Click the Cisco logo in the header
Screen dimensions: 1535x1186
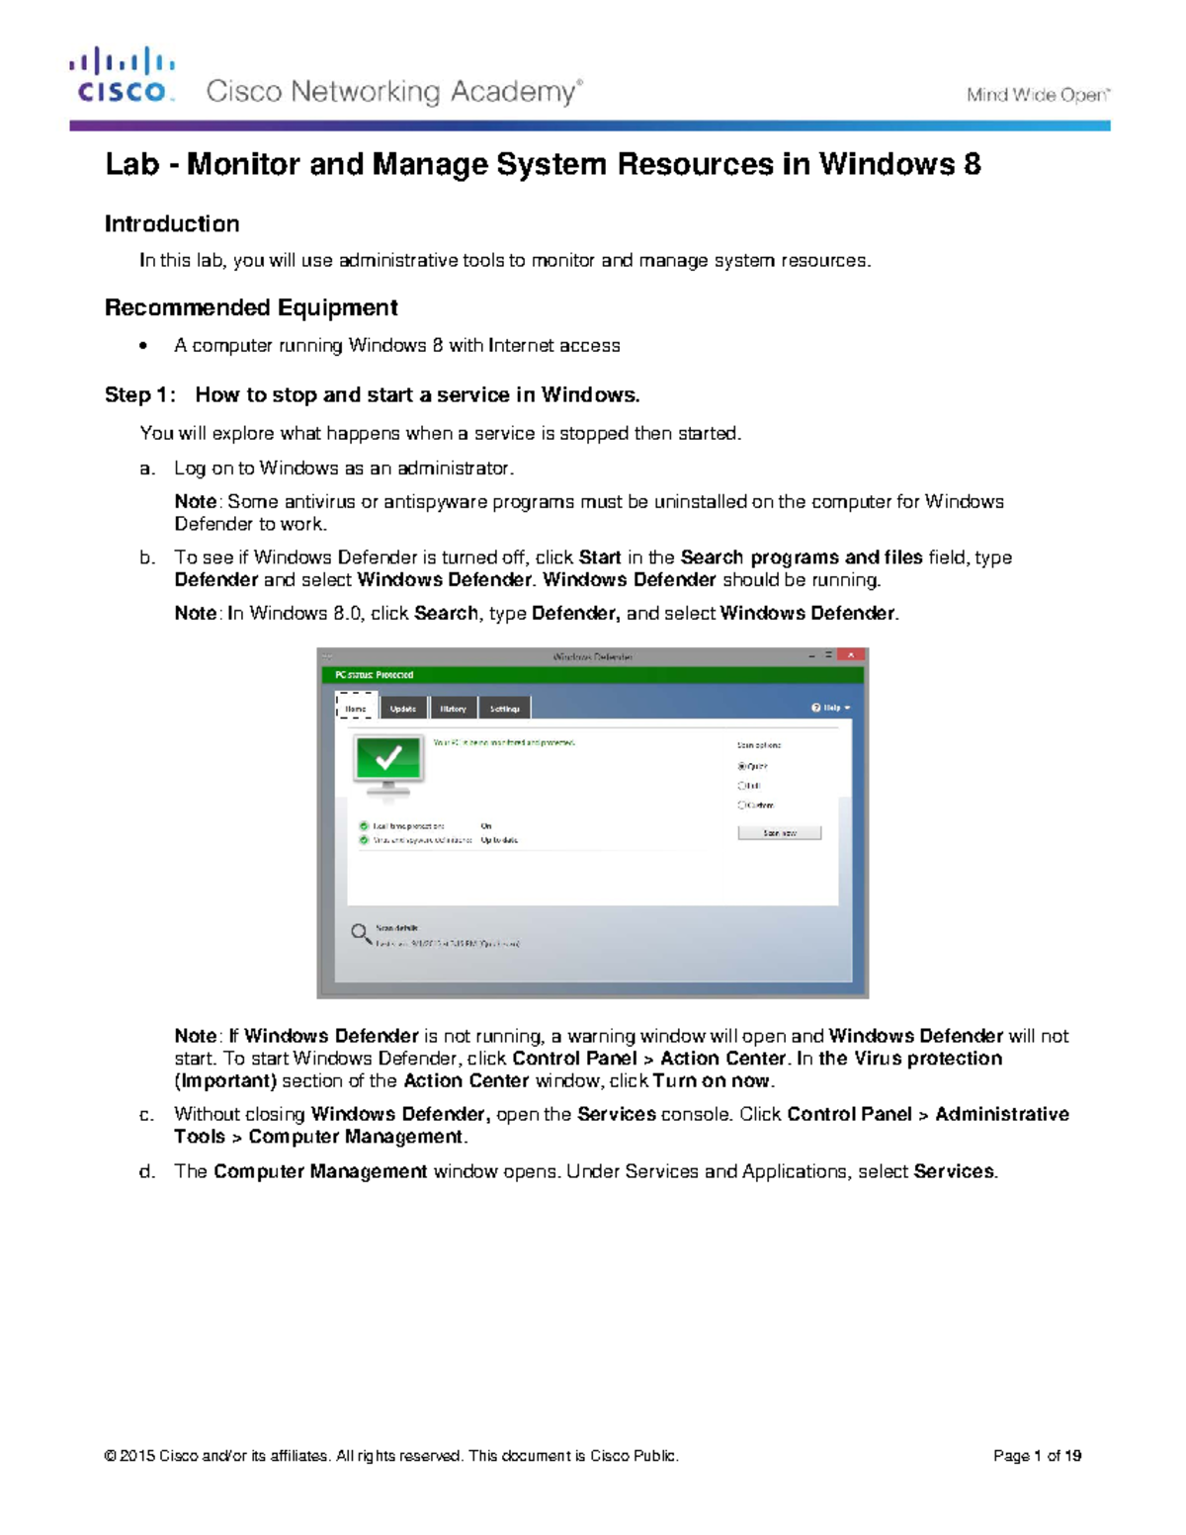point(122,75)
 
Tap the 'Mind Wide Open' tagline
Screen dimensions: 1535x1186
point(1038,95)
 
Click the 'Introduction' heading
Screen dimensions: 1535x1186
point(172,224)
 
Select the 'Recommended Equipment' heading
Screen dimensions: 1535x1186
point(251,307)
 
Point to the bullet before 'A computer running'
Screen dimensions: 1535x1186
point(144,346)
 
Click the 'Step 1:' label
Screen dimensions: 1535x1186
point(140,395)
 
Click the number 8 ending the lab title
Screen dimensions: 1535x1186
point(972,164)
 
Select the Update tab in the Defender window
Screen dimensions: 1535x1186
point(402,709)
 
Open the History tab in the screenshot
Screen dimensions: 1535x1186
point(453,709)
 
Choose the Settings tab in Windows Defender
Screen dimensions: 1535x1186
point(504,709)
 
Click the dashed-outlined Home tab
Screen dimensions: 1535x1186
point(356,708)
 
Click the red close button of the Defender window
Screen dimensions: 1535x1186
point(850,655)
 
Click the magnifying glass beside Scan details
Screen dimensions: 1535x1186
point(361,933)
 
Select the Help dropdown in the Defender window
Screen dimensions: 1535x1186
point(830,708)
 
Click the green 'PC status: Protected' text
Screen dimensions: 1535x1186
point(374,675)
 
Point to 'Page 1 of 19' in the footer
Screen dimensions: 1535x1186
point(1037,1456)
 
